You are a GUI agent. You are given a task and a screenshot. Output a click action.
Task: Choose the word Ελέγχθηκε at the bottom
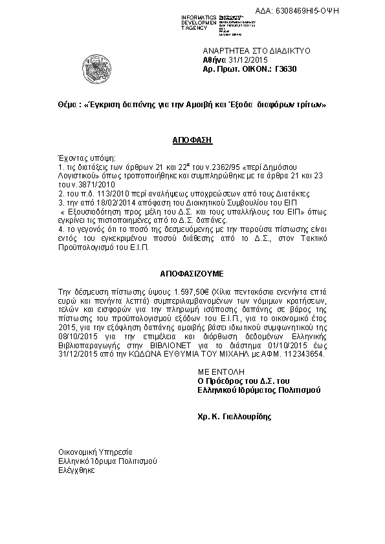(76, 470)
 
